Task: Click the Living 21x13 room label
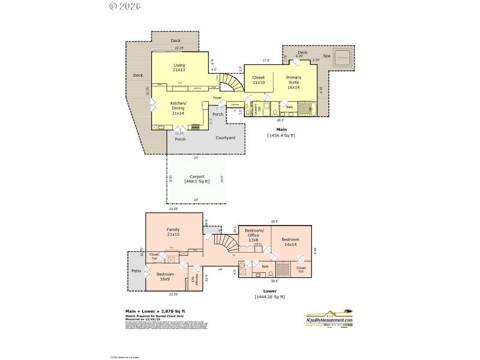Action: (179, 68)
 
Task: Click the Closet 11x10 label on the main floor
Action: (259, 80)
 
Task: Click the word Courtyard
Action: (225, 138)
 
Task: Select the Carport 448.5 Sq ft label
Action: (197, 179)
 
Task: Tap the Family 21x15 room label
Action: (173, 232)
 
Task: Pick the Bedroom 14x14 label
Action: (290, 242)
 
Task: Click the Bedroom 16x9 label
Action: (165, 277)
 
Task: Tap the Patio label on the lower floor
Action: (136, 271)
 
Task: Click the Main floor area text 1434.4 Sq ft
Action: (281, 135)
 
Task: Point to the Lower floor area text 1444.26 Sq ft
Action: (269, 296)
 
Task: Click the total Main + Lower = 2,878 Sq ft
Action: (155, 311)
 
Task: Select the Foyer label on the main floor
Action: (217, 97)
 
